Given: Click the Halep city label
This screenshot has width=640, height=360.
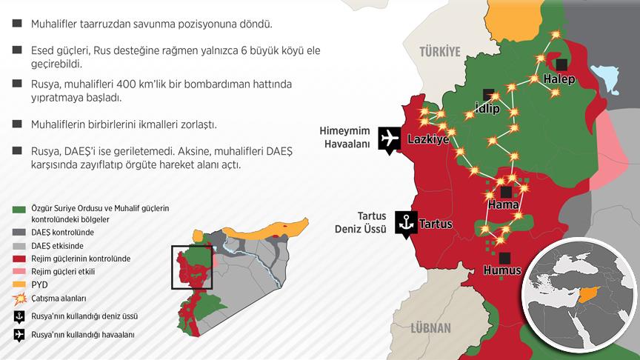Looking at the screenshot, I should [559, 79].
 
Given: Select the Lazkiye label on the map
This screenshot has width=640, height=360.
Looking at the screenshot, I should [429, 139].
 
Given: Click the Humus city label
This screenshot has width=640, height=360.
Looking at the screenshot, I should [504, 271].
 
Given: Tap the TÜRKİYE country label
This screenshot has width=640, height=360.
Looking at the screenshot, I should [440, 51].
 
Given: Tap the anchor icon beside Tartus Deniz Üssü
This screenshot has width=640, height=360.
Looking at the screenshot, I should [404, 222].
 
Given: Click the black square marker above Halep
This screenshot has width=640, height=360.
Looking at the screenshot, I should [563, 64].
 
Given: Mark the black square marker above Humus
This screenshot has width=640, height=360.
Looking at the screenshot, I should [504, 257].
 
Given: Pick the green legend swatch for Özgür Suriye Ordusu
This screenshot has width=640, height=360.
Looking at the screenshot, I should [19, 209].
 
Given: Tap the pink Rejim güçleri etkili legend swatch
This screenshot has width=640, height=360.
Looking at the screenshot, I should [19, 272].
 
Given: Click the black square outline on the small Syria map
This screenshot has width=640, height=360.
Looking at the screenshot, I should [193, 267].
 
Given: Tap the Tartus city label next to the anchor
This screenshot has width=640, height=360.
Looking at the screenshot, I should [437, 223].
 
